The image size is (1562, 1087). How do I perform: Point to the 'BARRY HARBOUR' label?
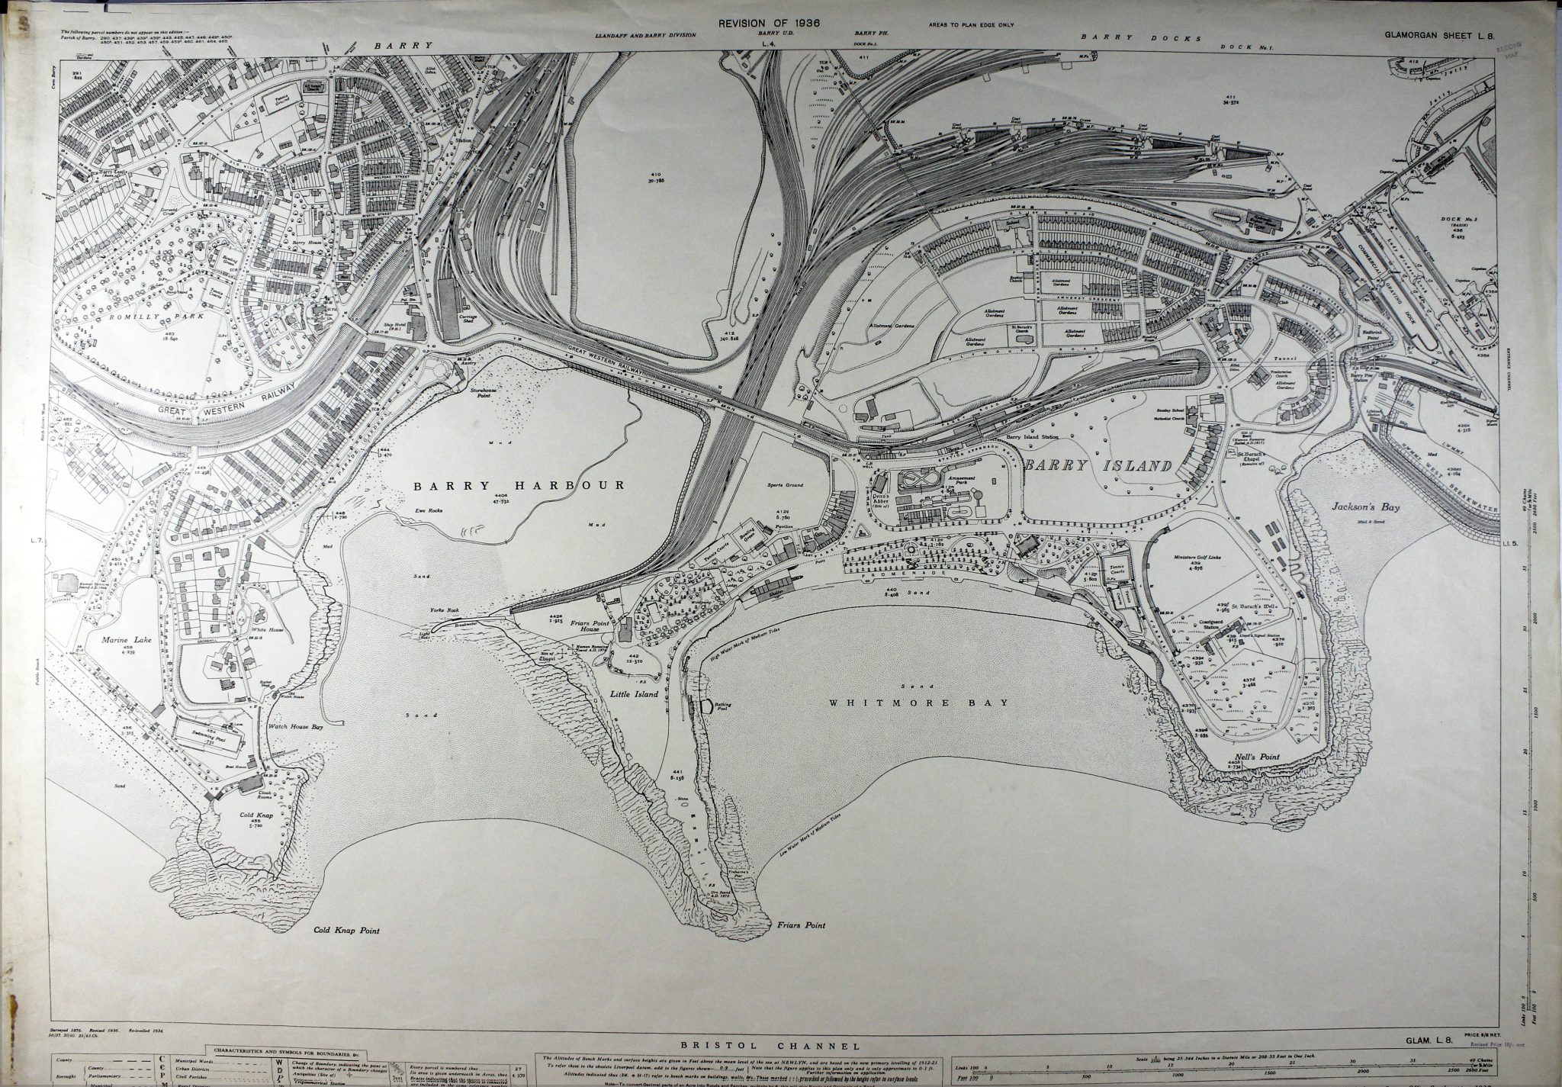pyautogui.click(x=519, y=485)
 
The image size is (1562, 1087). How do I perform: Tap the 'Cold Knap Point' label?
pyautogui.click(x=346, y=931)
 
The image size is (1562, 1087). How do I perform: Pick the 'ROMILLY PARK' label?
pyautogui.click(x=178, y=314)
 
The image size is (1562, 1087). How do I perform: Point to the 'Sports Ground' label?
pyautogui.click(x=786, y=484)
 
